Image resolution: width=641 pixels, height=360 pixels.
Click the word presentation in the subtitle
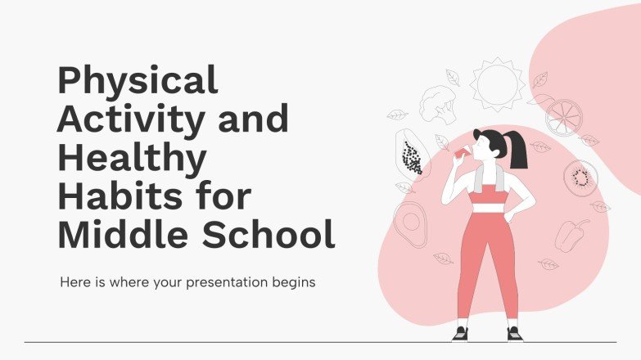[231, 283]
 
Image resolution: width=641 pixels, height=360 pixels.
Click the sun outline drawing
[496, 83]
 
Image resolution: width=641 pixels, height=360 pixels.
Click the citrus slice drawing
[563, 116]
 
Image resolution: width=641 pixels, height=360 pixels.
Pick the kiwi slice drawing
[580, 176]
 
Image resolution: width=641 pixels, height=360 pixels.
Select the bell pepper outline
[571, 233]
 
